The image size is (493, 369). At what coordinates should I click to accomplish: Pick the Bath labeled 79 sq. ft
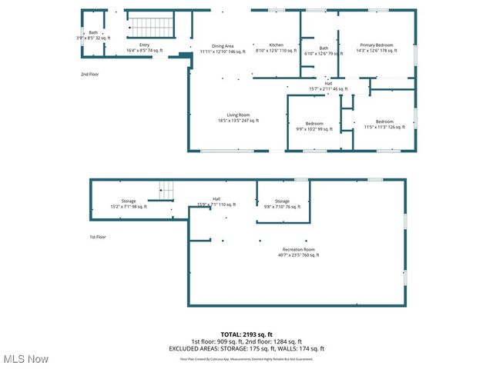324,51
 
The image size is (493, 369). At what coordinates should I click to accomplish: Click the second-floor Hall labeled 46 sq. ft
328,85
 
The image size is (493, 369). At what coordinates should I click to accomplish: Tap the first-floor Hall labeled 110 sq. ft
216,201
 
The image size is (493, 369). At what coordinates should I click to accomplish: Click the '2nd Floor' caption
91,75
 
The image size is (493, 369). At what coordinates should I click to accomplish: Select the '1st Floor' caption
98,238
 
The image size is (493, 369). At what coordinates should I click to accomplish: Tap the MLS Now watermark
25,359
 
